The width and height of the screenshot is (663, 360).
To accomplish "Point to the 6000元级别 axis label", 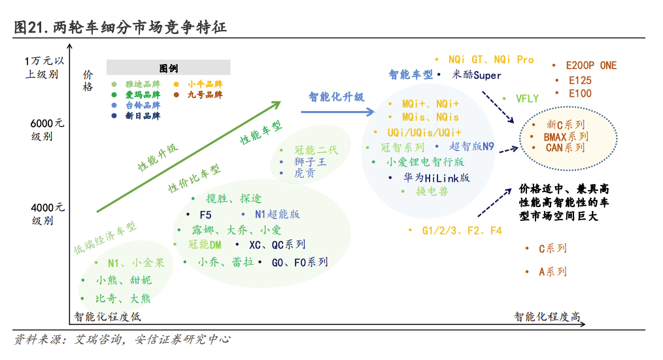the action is tap(47, 129).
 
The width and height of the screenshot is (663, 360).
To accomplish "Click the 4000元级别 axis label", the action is tap(47, 214).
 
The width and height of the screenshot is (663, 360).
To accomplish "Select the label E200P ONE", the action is tap(591, 65).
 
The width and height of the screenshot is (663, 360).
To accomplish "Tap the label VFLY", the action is tap(527, 99).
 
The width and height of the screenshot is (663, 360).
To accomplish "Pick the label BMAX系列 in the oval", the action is tap(566, 137).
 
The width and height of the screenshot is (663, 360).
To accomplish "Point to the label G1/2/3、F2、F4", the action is tap(462, 231).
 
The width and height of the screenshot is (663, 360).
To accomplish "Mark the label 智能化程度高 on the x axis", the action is tap(547, 317).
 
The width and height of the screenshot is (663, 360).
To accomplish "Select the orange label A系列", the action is tap(552, 272).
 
